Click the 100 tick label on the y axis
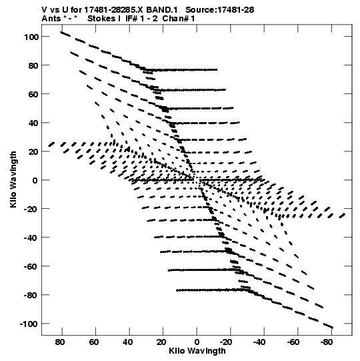pos(31,37)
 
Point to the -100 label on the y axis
pos(29,324)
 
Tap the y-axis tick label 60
pos(33,94)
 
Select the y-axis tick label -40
pos(31,238)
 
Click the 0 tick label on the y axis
pos(35,180)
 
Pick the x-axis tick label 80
pos(60,342)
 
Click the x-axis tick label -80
pos(326,342)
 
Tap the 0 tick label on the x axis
pos(197,342)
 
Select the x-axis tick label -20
pos(226,342)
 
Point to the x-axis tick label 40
pos(127,342)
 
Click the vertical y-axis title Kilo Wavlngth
pos(13,179)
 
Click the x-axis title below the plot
pos(197,351)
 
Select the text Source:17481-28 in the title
pos(220,10)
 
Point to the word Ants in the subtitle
pos(51,19)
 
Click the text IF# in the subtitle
pos(131,19)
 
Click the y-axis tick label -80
pos(31,295)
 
